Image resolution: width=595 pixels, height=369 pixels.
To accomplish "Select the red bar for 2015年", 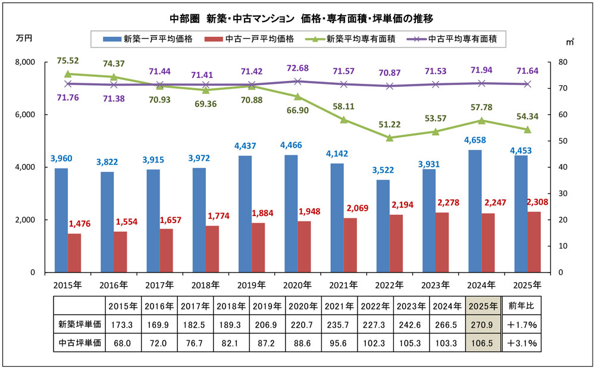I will click(x=74, y=253).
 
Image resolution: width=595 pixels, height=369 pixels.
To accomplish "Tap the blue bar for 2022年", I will click(x=383, y=226).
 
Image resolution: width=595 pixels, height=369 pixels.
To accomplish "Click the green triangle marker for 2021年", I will click(x=344, y=120).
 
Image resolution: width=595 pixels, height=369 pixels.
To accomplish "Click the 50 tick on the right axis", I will click(x=561, y=141).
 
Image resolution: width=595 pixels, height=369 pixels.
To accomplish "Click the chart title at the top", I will click(x=297, y=18).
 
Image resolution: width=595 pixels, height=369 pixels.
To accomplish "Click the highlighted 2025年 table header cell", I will click(x=482, y=307).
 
